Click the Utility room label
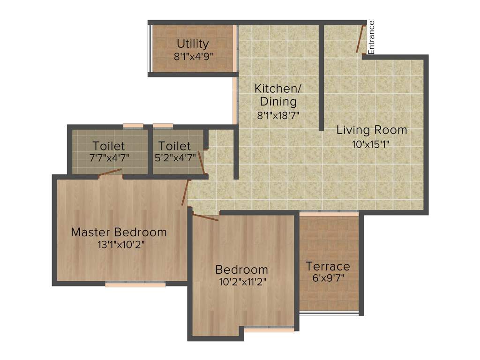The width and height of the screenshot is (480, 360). click(x=193, y=44)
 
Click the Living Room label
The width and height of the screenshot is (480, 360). click(x=372, y=130)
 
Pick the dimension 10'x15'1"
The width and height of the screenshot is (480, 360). click(x=371, y=144)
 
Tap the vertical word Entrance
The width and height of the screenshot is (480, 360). click(x=371, y=37)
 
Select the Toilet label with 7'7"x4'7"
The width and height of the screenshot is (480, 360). click(x=109, y=145)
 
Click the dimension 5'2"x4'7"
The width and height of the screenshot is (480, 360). click(x=175, y=157)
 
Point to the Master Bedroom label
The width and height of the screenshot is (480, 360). click(x=119, y=232)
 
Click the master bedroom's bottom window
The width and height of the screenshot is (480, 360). click(x=135, y=284)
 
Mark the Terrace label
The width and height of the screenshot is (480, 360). click(x=328, y=266)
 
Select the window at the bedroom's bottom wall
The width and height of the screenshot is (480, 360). click(x=269, y=329)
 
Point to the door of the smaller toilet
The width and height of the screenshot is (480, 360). click(x=201, y=162)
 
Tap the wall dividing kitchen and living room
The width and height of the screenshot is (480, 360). click(x=322, y=78)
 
